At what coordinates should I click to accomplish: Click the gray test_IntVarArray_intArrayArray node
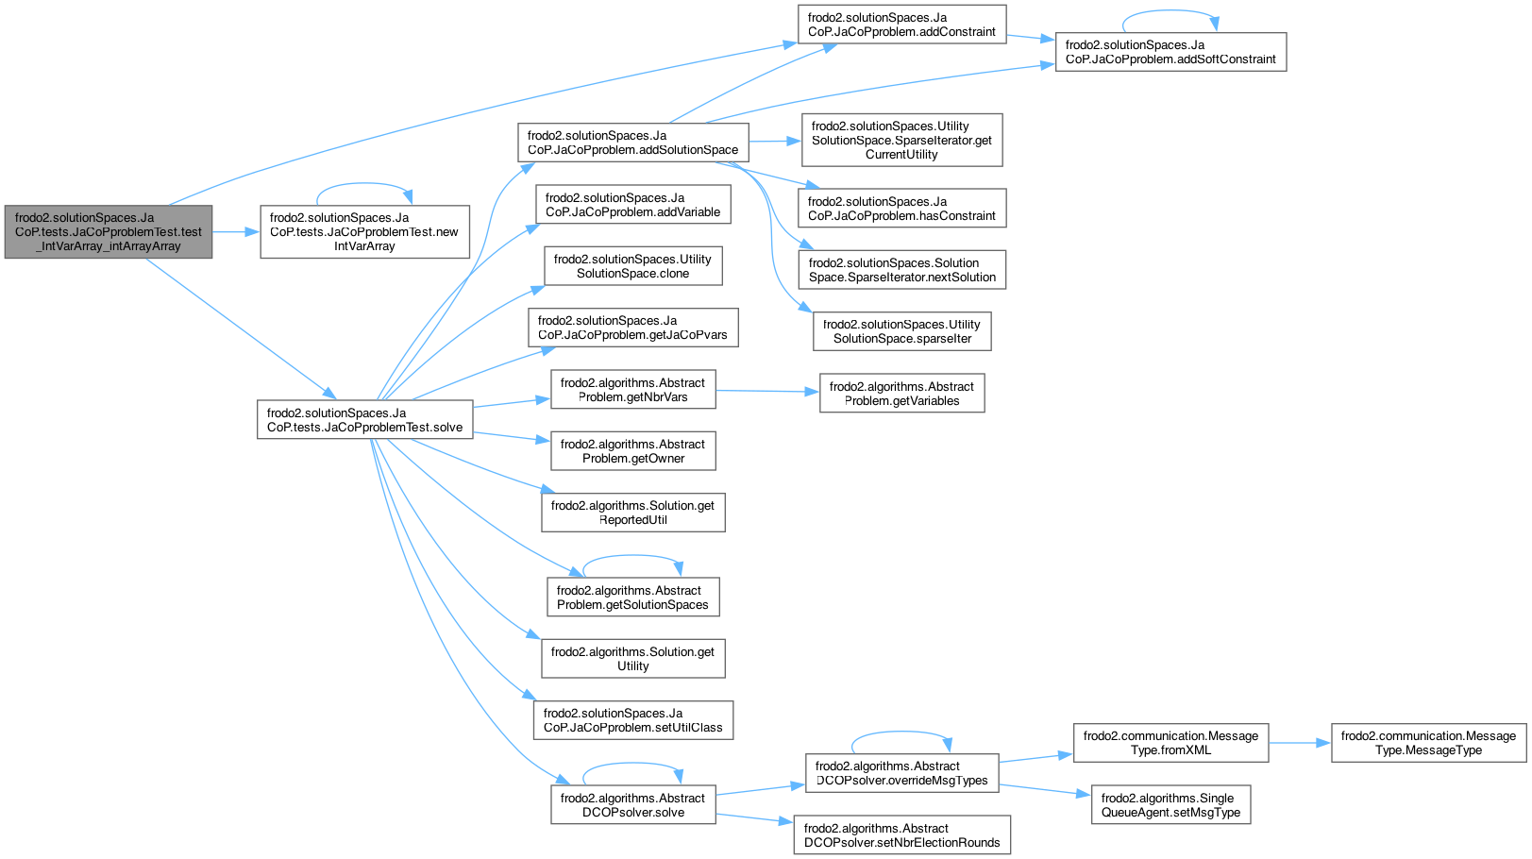[109, 231]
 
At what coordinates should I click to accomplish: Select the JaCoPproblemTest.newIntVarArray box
[364, 231]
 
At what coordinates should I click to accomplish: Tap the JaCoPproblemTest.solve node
[364, 420]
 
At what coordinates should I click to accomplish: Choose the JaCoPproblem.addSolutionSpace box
[632, 143]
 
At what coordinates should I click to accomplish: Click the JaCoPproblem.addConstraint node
[901, 25]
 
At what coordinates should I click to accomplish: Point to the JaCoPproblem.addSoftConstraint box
[1170, 52]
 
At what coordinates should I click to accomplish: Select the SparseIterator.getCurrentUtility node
[901, 140]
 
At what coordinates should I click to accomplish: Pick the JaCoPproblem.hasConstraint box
[901, 209]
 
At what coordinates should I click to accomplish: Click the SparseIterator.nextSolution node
[901, 270]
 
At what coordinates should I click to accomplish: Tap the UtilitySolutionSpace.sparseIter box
[901, 331]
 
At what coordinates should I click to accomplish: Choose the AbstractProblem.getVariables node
[901, 394]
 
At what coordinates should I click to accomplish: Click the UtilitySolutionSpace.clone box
[632, 266]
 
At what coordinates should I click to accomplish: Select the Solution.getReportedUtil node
[632, 513]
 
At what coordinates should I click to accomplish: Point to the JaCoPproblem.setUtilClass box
[632, 720]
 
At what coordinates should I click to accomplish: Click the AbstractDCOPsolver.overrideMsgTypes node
[901, 773]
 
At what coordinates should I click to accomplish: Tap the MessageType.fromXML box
[1170, 743]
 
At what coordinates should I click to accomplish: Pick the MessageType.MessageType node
[1428, 743]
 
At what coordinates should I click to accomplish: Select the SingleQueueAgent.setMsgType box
[1170, 805]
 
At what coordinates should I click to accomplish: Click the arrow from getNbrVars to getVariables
[766, 391]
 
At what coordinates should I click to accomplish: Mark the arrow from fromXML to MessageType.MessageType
[1300, 743]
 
